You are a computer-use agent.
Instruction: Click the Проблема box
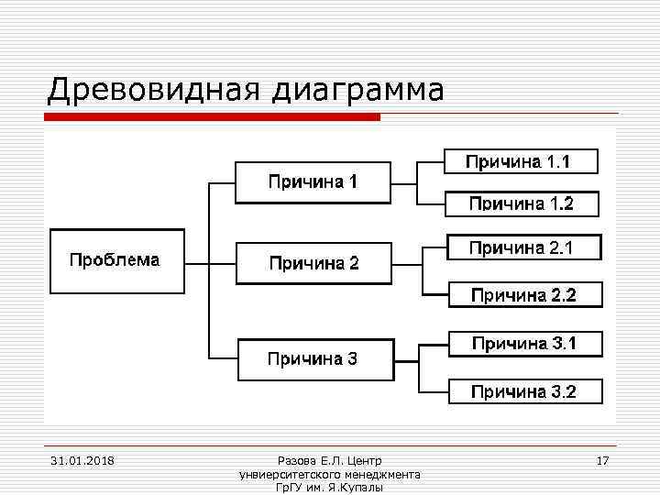click(116, 260)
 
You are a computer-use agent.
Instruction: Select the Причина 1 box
click(313, 182)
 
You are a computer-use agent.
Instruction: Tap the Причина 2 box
click(313, 263)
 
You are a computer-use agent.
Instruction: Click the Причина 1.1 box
click(521, 161)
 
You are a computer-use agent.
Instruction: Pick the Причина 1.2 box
click(521, 203)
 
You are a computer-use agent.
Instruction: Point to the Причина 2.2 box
click(525, 294)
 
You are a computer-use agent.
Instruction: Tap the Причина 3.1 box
click(525, 344)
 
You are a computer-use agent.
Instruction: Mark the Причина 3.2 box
click(525, 391)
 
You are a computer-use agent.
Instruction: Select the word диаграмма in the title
click(357, 91)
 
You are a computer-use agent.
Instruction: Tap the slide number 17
click(602, 460)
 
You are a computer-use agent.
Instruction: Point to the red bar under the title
click(211, 117)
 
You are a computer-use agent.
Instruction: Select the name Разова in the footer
click(295, 460)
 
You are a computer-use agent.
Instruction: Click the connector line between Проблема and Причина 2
click(197, 262)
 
